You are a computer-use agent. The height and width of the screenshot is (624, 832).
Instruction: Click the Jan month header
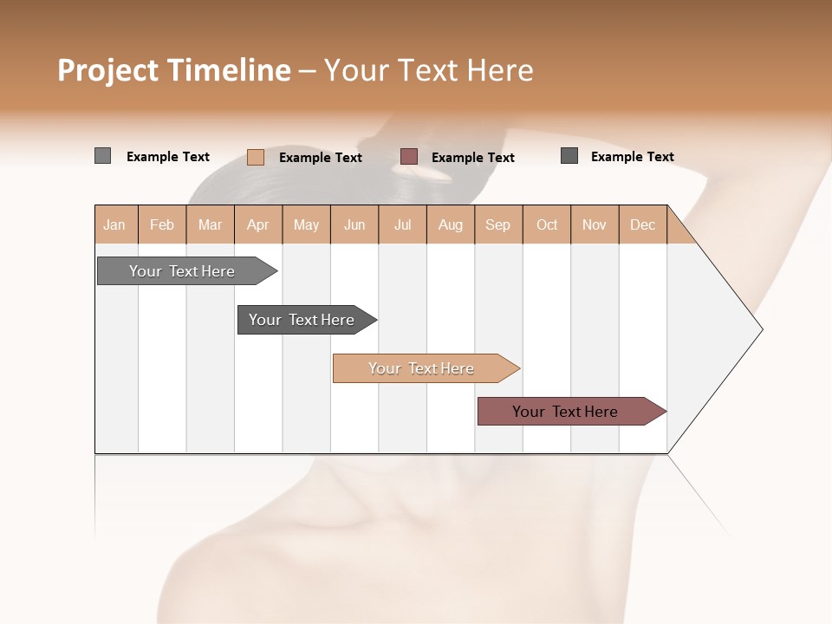tap(115, 224)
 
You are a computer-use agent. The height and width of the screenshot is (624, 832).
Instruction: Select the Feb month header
tap(162, 224)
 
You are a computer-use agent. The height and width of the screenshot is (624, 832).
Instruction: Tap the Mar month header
tap(210, 224)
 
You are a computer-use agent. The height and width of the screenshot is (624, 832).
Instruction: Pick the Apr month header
tap(258, 224)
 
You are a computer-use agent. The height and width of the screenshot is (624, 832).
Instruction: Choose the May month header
tap(306, 224)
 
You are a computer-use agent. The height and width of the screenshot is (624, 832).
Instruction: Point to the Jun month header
tap(354, 224)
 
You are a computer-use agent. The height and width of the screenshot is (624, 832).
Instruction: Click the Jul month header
tap(402, 224)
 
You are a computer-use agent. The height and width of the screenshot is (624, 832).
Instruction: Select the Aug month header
tap(451, 224)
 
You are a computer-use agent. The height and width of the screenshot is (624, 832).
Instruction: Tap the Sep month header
tap(498, 224)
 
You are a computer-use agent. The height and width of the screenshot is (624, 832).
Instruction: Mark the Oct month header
tap(547, 224)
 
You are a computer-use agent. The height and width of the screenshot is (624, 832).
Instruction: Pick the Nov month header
tap(595, 224)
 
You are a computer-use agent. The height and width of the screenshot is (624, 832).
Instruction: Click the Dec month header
tap(643, 224)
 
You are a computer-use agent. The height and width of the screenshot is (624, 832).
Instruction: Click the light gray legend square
tap(102, 156)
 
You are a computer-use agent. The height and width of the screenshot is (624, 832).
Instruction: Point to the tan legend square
tap(255, 157)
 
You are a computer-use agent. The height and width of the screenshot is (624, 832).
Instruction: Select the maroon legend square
tap(409, 157)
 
